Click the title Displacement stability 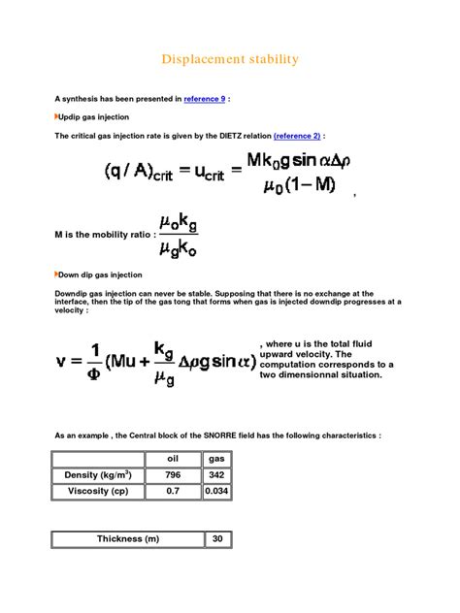coord(230,60)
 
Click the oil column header coord(173,458)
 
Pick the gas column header coord(217,458)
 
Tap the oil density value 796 coord(173,475)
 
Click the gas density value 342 coord(217,475)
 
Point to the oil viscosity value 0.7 coord(173,492)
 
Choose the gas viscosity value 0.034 coord(217,492)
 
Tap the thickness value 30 coord(217,539)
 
